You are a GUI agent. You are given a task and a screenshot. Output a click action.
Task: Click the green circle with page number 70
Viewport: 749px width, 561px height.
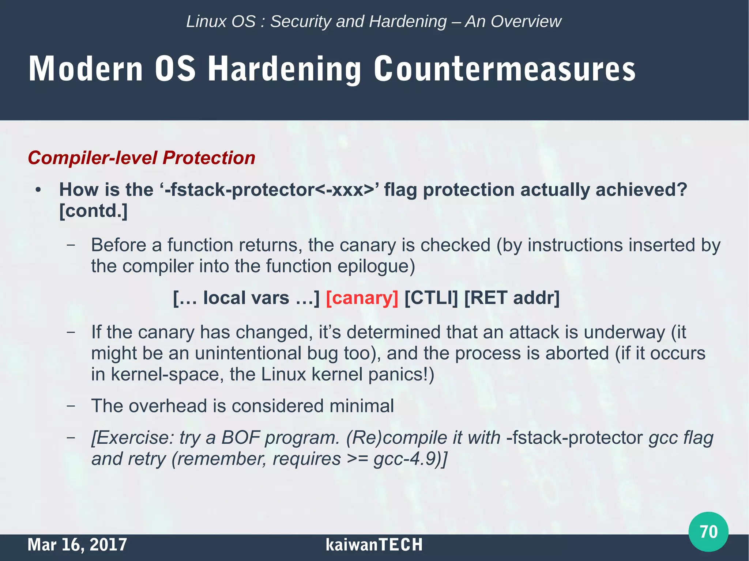pyautogui.click(x=708, y=531)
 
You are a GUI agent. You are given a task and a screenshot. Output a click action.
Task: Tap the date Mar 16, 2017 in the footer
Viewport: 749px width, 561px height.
pyautogui.click(x=77, y=545)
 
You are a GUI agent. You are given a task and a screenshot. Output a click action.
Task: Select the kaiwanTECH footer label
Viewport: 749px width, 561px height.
pyautogui.click(x=374, y=545)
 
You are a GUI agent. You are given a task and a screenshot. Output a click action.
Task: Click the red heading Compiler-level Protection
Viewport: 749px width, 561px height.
pyautogui.click(x=142, y=158)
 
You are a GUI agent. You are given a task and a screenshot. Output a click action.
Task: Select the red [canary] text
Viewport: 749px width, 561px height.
pyautogui.click(x=362, y=297)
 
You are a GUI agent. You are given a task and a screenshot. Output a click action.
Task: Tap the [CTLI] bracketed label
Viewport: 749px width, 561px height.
pyautogui.click(x=431, y=297)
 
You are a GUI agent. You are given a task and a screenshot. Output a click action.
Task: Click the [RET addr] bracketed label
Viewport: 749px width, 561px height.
pyautogui.click(x=512, y=297)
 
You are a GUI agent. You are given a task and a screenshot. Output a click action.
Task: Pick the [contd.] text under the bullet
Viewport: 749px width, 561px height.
pyautogui.click(x=94, y=211)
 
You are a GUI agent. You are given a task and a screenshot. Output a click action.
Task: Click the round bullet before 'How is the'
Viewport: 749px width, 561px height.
pyautogui.click(x=38, y=190)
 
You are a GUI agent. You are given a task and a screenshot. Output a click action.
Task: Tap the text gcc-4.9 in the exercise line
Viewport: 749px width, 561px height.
pyautogui.click(x=405, y=459)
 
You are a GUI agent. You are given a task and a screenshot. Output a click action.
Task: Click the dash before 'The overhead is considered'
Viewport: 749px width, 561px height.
pyautogui.click(x=71, y=406)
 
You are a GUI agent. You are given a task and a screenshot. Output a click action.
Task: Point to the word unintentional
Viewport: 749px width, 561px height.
pyautogui.click(x=248, y=353)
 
